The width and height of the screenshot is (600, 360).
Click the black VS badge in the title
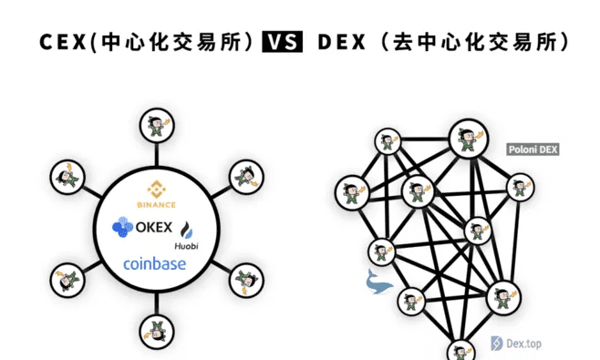tap(282, 42)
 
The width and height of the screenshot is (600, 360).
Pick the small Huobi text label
tap(187, 246)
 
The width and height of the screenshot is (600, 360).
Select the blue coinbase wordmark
tap(154, 264)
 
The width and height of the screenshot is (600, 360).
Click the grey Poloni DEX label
tap(533, 149)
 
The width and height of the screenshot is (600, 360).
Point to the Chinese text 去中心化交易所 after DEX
tap(482, 42)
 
